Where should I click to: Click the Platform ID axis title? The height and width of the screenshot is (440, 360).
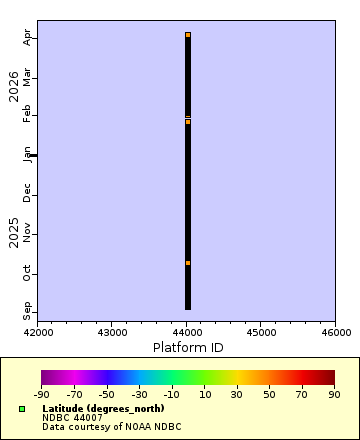[x=187, y=347]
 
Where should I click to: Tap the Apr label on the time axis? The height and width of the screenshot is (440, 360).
[x=28, y=37]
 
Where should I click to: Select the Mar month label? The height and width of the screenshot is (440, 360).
[x=28, y=76]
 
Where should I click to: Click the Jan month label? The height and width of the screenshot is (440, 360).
[x=28, y=154]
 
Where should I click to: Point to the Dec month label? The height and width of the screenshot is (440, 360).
[x=28, y=193]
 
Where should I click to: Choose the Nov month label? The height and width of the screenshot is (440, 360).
[x=28, y=233]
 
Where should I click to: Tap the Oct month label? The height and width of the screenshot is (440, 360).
[x=28, y=272]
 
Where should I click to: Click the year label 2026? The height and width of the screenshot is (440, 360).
[x=14, y=87]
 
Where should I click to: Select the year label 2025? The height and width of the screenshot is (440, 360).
[x=14, y=232]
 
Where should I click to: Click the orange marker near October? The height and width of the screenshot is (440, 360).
[x=188, y=263]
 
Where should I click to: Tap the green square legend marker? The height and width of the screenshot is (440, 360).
[x=22, y=409]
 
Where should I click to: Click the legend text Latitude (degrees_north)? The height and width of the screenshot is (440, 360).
[x=103, y=409]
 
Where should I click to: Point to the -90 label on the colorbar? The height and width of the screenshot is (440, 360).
[x=42, y=395]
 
